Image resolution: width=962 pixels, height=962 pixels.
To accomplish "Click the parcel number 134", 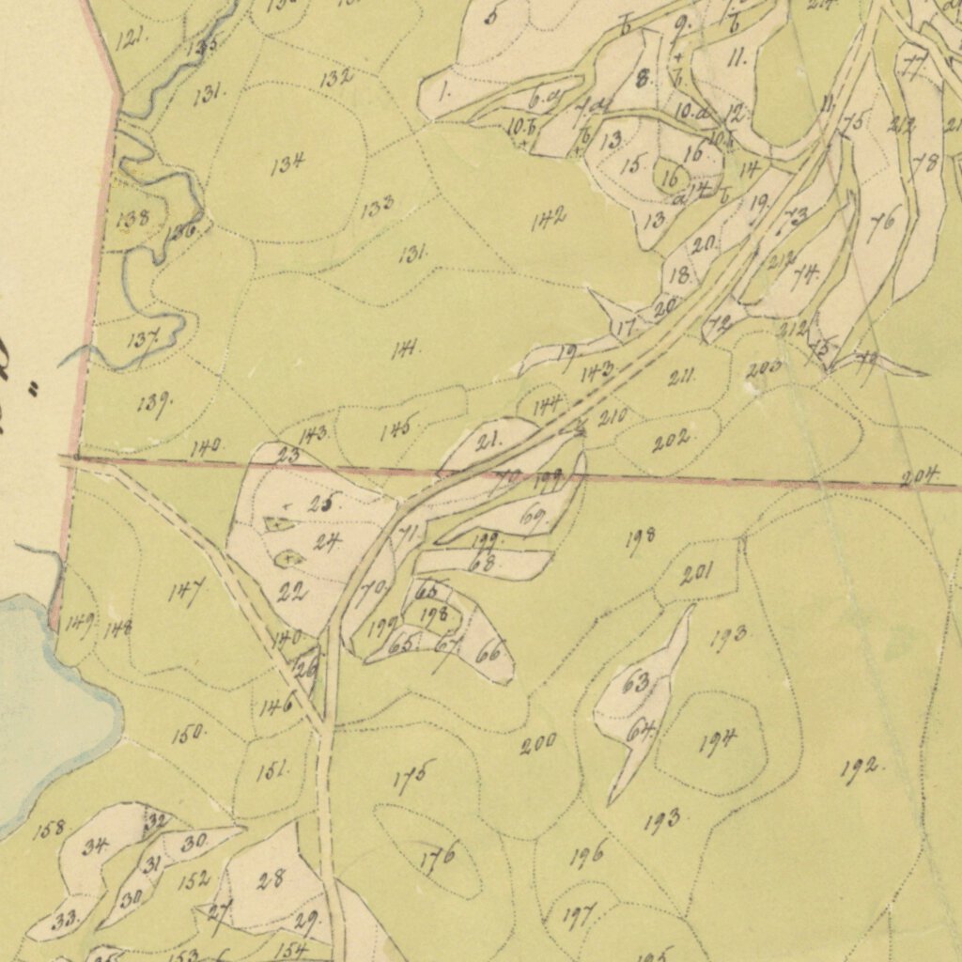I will tap(287, 164).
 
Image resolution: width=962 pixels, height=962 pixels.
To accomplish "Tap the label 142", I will tap(548, 221).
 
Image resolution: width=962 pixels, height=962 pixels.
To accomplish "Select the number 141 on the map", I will tap(406, 349).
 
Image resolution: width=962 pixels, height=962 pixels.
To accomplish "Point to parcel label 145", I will tap(398, 430).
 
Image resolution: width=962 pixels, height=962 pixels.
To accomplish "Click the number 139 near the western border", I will tap(153, 404).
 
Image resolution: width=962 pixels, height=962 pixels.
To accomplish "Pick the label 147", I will tap(186, 593).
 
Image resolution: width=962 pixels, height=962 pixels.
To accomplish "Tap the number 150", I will tap(188, 734).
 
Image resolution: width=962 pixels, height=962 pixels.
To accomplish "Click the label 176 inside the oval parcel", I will tap(437, 856).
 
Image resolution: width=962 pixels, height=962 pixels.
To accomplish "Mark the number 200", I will tap(538, 744).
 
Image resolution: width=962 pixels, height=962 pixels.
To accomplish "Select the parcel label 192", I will tap(861, 769).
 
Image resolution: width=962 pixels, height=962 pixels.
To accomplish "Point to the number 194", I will tap(718, 742).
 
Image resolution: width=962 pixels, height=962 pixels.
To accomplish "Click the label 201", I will tap(696, 574).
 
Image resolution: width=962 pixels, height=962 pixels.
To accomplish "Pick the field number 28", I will tap(271, 880).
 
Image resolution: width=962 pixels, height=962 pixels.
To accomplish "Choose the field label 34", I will tap(94, 846).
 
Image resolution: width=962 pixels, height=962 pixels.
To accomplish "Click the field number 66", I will tap(488, 653).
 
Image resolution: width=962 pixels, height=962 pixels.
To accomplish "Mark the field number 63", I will tap(636, 683).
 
